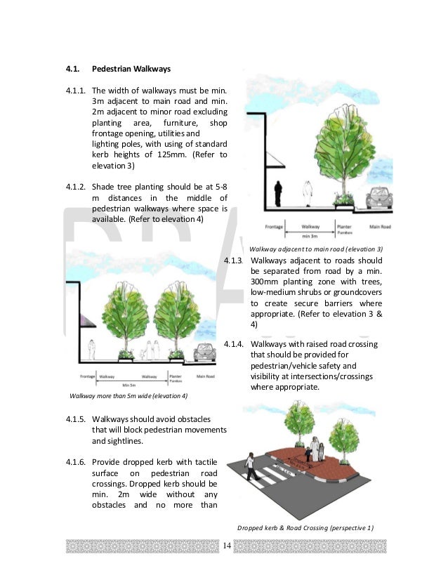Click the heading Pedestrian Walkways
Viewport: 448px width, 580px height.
[x=131, y=69]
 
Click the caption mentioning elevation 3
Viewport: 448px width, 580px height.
[x=316, y=249]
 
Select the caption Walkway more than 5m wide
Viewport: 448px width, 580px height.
[x=129, y=396]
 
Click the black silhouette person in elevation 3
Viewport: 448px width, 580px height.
[x=278, y=194]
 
